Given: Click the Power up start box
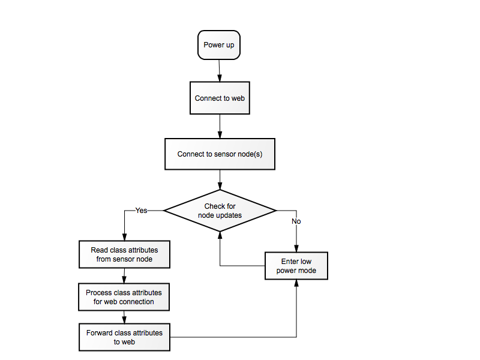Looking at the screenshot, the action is click(x=219, y=45).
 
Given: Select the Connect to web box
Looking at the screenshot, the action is click(x=220, y=98).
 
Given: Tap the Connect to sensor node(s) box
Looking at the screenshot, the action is click(x=220, y=154).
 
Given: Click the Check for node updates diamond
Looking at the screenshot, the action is click(x=220, y=211).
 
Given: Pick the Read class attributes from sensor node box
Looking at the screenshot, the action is click(x=124, y=254).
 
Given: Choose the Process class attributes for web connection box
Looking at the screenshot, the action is click(x=124, y=297).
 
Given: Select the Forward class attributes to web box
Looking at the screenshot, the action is click(x=124, y=337).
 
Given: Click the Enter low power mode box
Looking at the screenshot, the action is click(x=296, y=266).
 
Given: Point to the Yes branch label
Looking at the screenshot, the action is click(x=141, y=211).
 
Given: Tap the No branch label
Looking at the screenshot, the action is click(x=296, y=221).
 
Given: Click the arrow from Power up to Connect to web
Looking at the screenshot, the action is click(x=219, y=71).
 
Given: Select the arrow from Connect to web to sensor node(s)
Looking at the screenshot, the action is click(x=220, y=127).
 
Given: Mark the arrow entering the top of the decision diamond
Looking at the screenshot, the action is click(x=220, y=179).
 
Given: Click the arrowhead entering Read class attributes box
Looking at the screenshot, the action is click(x=124, y=237).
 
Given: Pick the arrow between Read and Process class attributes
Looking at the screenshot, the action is click(x=124, y=276).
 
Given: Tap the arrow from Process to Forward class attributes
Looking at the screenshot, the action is click(x=124, y=317).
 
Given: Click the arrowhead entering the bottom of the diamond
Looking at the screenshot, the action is click(x=220, y=235).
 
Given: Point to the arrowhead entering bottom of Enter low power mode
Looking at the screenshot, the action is click(x=296, y=283).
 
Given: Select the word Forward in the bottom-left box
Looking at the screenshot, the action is click(x=98, y=333).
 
